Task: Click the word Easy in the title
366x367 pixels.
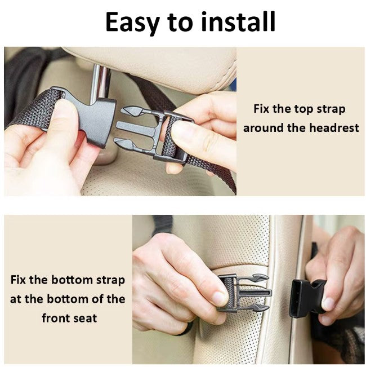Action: pos(133,23)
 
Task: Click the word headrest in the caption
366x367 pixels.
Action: pos(334,128)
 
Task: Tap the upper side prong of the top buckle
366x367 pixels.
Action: pos(133,111)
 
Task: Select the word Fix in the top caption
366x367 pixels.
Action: pos(261,109)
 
